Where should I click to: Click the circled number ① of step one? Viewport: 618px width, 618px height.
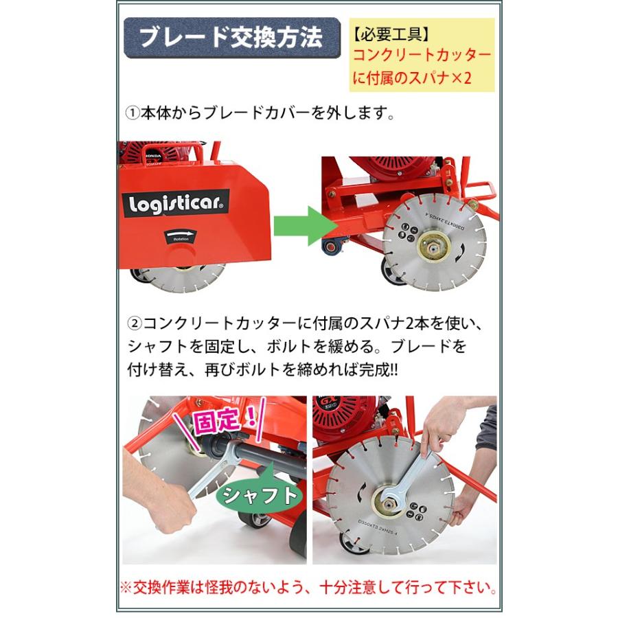tap(132, 113)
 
